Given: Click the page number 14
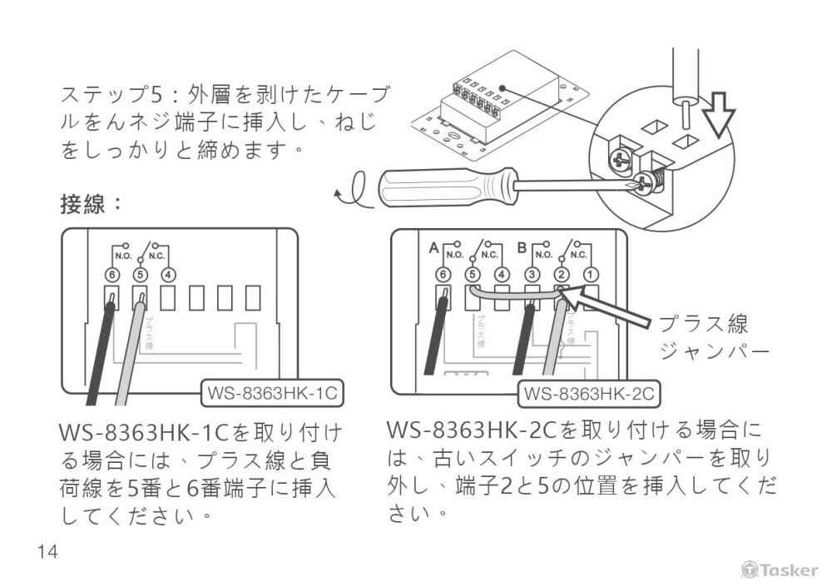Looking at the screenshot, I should [47, 551].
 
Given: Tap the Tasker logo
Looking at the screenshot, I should [780, 570].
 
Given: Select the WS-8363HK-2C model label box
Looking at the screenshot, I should [589, 392].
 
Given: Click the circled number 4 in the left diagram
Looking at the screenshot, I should [168, 273].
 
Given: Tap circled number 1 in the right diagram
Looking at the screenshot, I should [589, 273].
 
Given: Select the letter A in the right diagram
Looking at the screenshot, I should [433, 248].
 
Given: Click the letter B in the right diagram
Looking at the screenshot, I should [521, 248].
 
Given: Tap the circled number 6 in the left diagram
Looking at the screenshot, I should [111, 273].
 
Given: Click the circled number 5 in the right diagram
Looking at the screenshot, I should [473, 273].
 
